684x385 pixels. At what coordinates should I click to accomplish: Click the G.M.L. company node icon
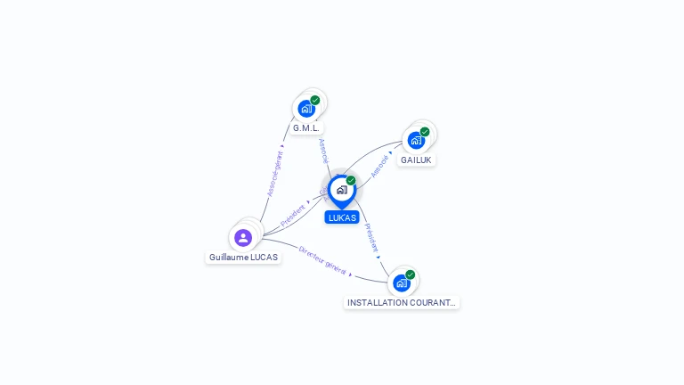click(x=307, y=109)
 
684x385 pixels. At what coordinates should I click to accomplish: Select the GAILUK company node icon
click(x=416, y=140)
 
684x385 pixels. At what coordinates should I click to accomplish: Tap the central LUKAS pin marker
click(x=341, y=190)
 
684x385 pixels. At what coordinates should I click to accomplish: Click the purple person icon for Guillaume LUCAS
click(x=243, y=238)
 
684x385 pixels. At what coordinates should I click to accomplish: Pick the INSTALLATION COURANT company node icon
click(x=402, y=283)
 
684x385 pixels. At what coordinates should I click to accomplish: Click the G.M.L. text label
click(x=306, y=128)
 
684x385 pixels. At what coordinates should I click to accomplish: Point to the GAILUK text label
click(x=416, y=160)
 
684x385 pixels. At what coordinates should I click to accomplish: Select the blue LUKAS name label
click(x=342, y=217)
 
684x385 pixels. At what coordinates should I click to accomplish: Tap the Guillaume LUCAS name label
click(x=243, y=258)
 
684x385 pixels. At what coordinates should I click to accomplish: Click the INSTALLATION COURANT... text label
click(x=402, y=303)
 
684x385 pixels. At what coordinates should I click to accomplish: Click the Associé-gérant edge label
click(x=275, y=170)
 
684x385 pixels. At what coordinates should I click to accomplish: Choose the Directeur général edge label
click(x=322, y=259)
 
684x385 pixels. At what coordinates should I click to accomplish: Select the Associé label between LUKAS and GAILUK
click(x=380, y=166)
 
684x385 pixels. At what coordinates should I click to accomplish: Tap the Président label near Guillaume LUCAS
click(x=293, y=214)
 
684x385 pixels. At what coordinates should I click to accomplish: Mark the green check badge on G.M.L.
click(x=315, y=100)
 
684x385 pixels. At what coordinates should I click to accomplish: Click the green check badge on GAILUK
click(x=425, y=132)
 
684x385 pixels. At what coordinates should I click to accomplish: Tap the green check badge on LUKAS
click(x=351, y=180)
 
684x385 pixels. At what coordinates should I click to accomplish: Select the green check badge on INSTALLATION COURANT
click(x=411, y=274)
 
